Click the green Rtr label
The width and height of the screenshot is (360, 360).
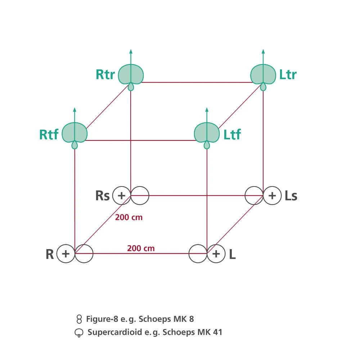[x=105, y=75]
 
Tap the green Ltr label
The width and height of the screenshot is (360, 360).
[x=288, y=75]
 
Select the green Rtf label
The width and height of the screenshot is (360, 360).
[x=49, y=135]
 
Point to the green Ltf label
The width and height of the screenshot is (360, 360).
[x=232, y=135]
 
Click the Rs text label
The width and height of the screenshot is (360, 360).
[x=102, y=196]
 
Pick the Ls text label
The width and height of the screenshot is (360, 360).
[x=291, y=196]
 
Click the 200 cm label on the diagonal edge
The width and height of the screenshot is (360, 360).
[x=129, y=217]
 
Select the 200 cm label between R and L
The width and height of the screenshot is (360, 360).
[x=141, y=248]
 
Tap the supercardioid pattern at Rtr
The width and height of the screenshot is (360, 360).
[x=131, y=73]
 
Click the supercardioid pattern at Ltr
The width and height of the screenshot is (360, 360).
[x=263, y=73]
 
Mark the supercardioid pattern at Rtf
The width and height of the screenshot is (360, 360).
[x=75, y=132]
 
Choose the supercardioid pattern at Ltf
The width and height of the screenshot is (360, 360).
[x=207, y=132]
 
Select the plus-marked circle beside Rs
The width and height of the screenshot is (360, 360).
[x=122, y=195]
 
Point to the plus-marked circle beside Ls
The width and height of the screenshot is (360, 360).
[x=272, y=195]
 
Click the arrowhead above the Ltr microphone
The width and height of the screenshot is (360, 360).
[x=263, y=51]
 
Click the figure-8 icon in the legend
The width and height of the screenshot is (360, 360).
[x=80, y=319]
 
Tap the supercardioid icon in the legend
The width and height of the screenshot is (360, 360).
[x=79, y=333]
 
